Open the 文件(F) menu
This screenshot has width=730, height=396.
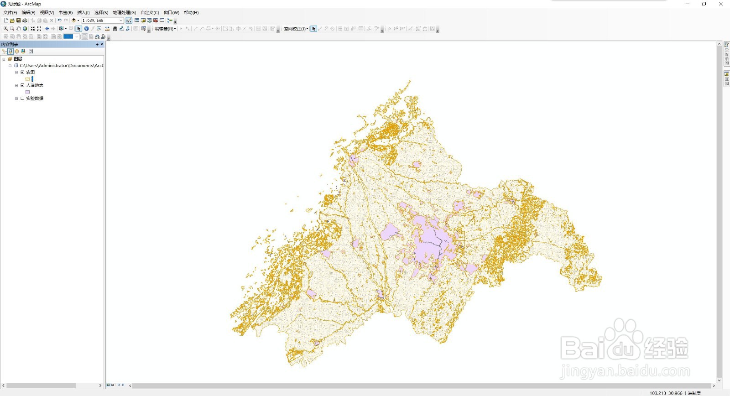tap(10, 13)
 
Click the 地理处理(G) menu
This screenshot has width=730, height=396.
tap(124, 13)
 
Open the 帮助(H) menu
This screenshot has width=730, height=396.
tap(191, 13)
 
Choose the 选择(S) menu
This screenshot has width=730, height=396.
tap(101, 13)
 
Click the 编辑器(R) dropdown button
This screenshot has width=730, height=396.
tap(165, 29)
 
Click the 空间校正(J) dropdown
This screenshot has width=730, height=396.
tap(296, 29)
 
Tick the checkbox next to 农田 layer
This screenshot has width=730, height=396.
tap(22, 72)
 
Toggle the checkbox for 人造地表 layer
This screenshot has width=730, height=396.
tap(22, 85)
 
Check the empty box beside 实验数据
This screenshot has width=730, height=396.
tap(22, 99)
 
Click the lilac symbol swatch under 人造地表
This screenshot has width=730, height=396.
tap(27, 92)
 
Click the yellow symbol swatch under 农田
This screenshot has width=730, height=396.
tap(27, 79)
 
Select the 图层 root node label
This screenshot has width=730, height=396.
tap(18, 59)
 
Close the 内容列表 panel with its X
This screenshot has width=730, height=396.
tap(102, 44)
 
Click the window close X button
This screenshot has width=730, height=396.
tap(721, 4)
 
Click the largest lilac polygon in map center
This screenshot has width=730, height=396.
tap(429, 242)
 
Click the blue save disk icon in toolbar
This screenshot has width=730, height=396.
tap(19, 21)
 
